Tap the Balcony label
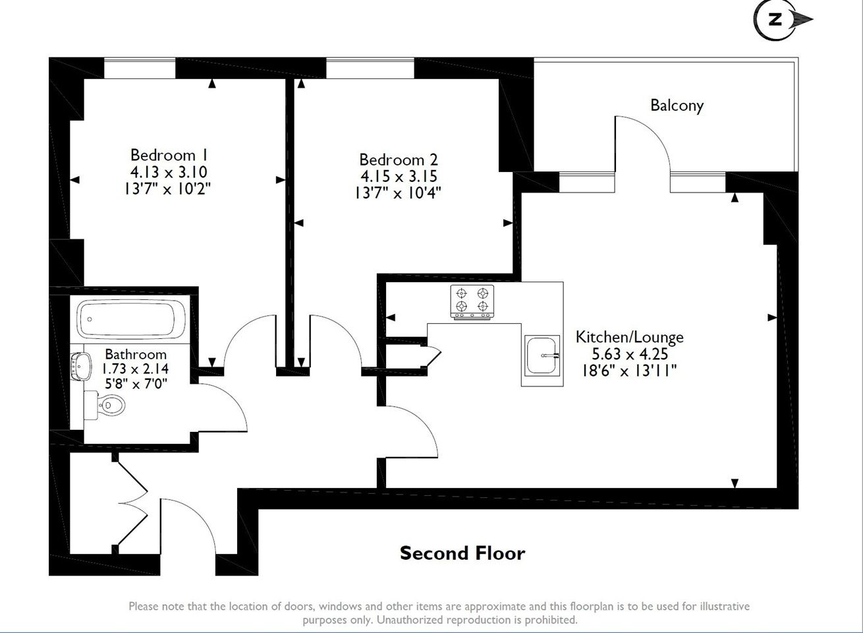pyautogui.click(x=677, y=105)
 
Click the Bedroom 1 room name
pyautogui.click(x=169, y=155)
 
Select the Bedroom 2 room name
pyautogui.click(x=399, y=159)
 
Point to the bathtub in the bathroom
pyautogui.click(x=131, y=320)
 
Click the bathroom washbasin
pyautogui.click(x=81, y=366)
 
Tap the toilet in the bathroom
pyautogui.click(x=105, y=405)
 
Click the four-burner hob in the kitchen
pyautogui.click(x=472, y=302)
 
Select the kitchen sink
pyautogui.click(x=542, y=355)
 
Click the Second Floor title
pyautogui.click(x=462, y=553)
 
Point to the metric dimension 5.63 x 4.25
pyautogui.click(x=630, y=353)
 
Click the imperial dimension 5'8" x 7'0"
pyautogui.click(x=136, y=383)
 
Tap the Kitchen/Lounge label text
pyautogui.click(x=630, y=337)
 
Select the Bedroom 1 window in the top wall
pyautogui.click(x=140, y=68)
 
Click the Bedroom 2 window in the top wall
pyautogui.click(x=370, y=68)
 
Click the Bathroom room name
pyautogui.click(x=136, y=354)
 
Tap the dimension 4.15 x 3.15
pyautogui.click(x=399, y=176)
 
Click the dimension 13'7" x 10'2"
pyautogui.click(x=167, y=189)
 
